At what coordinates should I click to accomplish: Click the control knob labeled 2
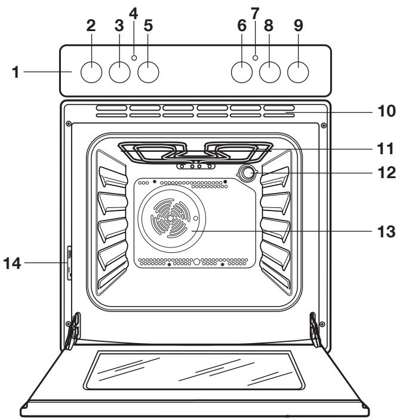click(91, 72)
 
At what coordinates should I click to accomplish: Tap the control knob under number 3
click(120, 72)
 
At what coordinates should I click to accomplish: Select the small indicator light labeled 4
click(134, 58)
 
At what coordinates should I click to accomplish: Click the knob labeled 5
click(149, 72)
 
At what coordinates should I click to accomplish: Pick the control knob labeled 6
click(241, 72)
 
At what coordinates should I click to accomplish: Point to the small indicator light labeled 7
click(255, 58)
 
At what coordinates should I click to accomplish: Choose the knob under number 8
click(270, 72)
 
